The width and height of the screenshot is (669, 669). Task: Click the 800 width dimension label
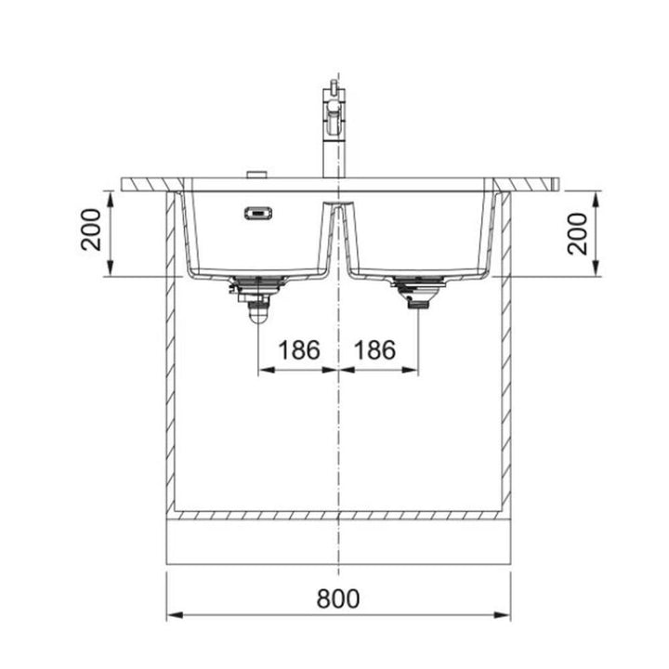tap(338, 598)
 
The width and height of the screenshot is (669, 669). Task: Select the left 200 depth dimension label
tap(91, 230)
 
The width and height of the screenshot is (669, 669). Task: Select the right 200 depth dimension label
tap(577, 234)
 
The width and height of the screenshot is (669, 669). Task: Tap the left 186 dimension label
tap(298, 350)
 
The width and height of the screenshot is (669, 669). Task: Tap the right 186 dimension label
tap(374, 350)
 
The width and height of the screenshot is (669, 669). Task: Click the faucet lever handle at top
tap(334, 89)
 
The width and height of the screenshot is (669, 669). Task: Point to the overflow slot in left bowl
tap(258, 213)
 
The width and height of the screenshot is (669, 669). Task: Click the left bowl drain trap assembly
tap(256, 297)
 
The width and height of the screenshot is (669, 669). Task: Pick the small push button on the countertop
tap(256, 175)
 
